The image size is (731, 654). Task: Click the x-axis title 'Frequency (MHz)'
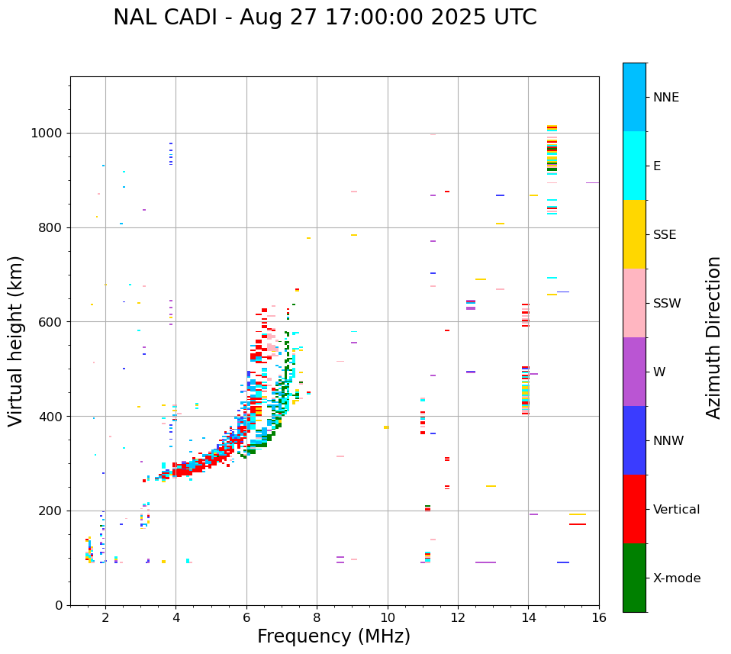[333, 636]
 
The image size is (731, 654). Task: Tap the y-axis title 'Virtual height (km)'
[16, 340]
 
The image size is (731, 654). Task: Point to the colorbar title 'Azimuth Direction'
[713, 337]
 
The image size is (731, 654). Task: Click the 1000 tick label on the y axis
[47, 134]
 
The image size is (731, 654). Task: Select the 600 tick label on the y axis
[50, 322]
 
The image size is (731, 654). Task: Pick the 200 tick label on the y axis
[50, 511]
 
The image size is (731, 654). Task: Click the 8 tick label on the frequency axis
[317, 618]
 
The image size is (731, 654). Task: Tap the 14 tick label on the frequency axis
[528, 618]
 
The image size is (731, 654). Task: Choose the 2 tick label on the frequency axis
[105, 618]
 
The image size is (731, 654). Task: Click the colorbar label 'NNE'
[665, 98]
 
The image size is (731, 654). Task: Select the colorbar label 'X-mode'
[676, 578]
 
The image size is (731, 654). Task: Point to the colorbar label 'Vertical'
[676, 510]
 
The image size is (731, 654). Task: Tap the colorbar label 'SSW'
[667, 304]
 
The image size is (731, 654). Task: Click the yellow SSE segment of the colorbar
[634, 234]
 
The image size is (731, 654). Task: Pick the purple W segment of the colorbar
[634, 372]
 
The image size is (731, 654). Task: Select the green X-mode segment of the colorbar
[634, 578]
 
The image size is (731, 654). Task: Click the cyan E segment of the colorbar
[634, 166]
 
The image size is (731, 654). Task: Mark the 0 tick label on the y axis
[58, 606]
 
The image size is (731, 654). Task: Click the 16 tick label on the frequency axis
[599, 618]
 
